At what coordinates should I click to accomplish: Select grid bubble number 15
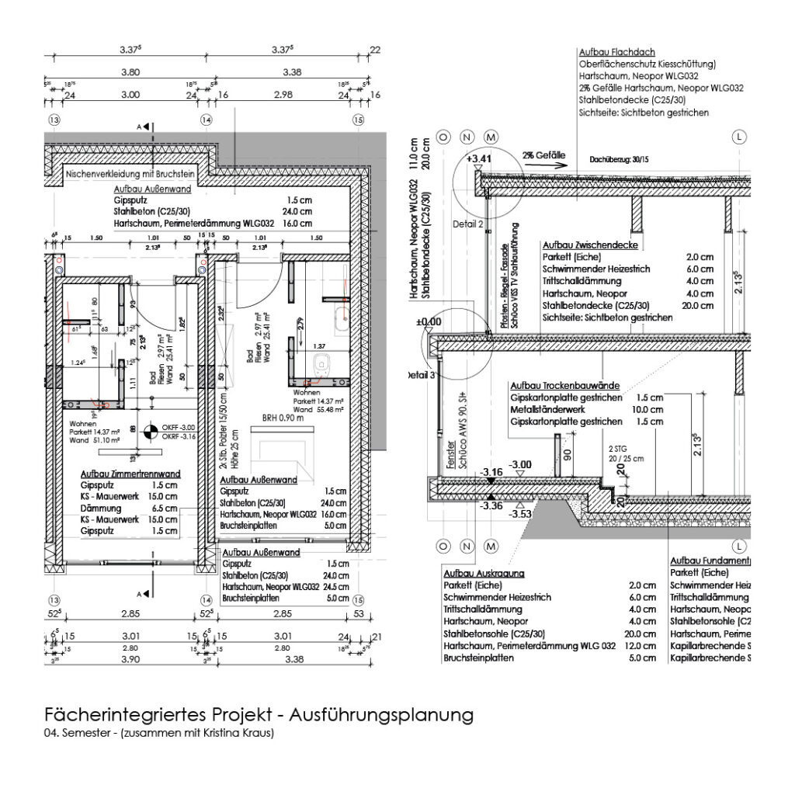pos(358,120)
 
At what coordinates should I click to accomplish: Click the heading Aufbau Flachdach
pos(613,50)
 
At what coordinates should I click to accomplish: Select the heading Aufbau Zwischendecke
pos(590,245)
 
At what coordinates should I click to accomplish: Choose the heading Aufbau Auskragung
pos(482,573)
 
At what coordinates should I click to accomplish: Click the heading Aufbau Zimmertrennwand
pos(131,474)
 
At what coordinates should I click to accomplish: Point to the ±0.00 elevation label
pos(429,321)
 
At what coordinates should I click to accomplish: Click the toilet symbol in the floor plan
pos(322,363)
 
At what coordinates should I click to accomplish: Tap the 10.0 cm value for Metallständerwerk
pos(649,409)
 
